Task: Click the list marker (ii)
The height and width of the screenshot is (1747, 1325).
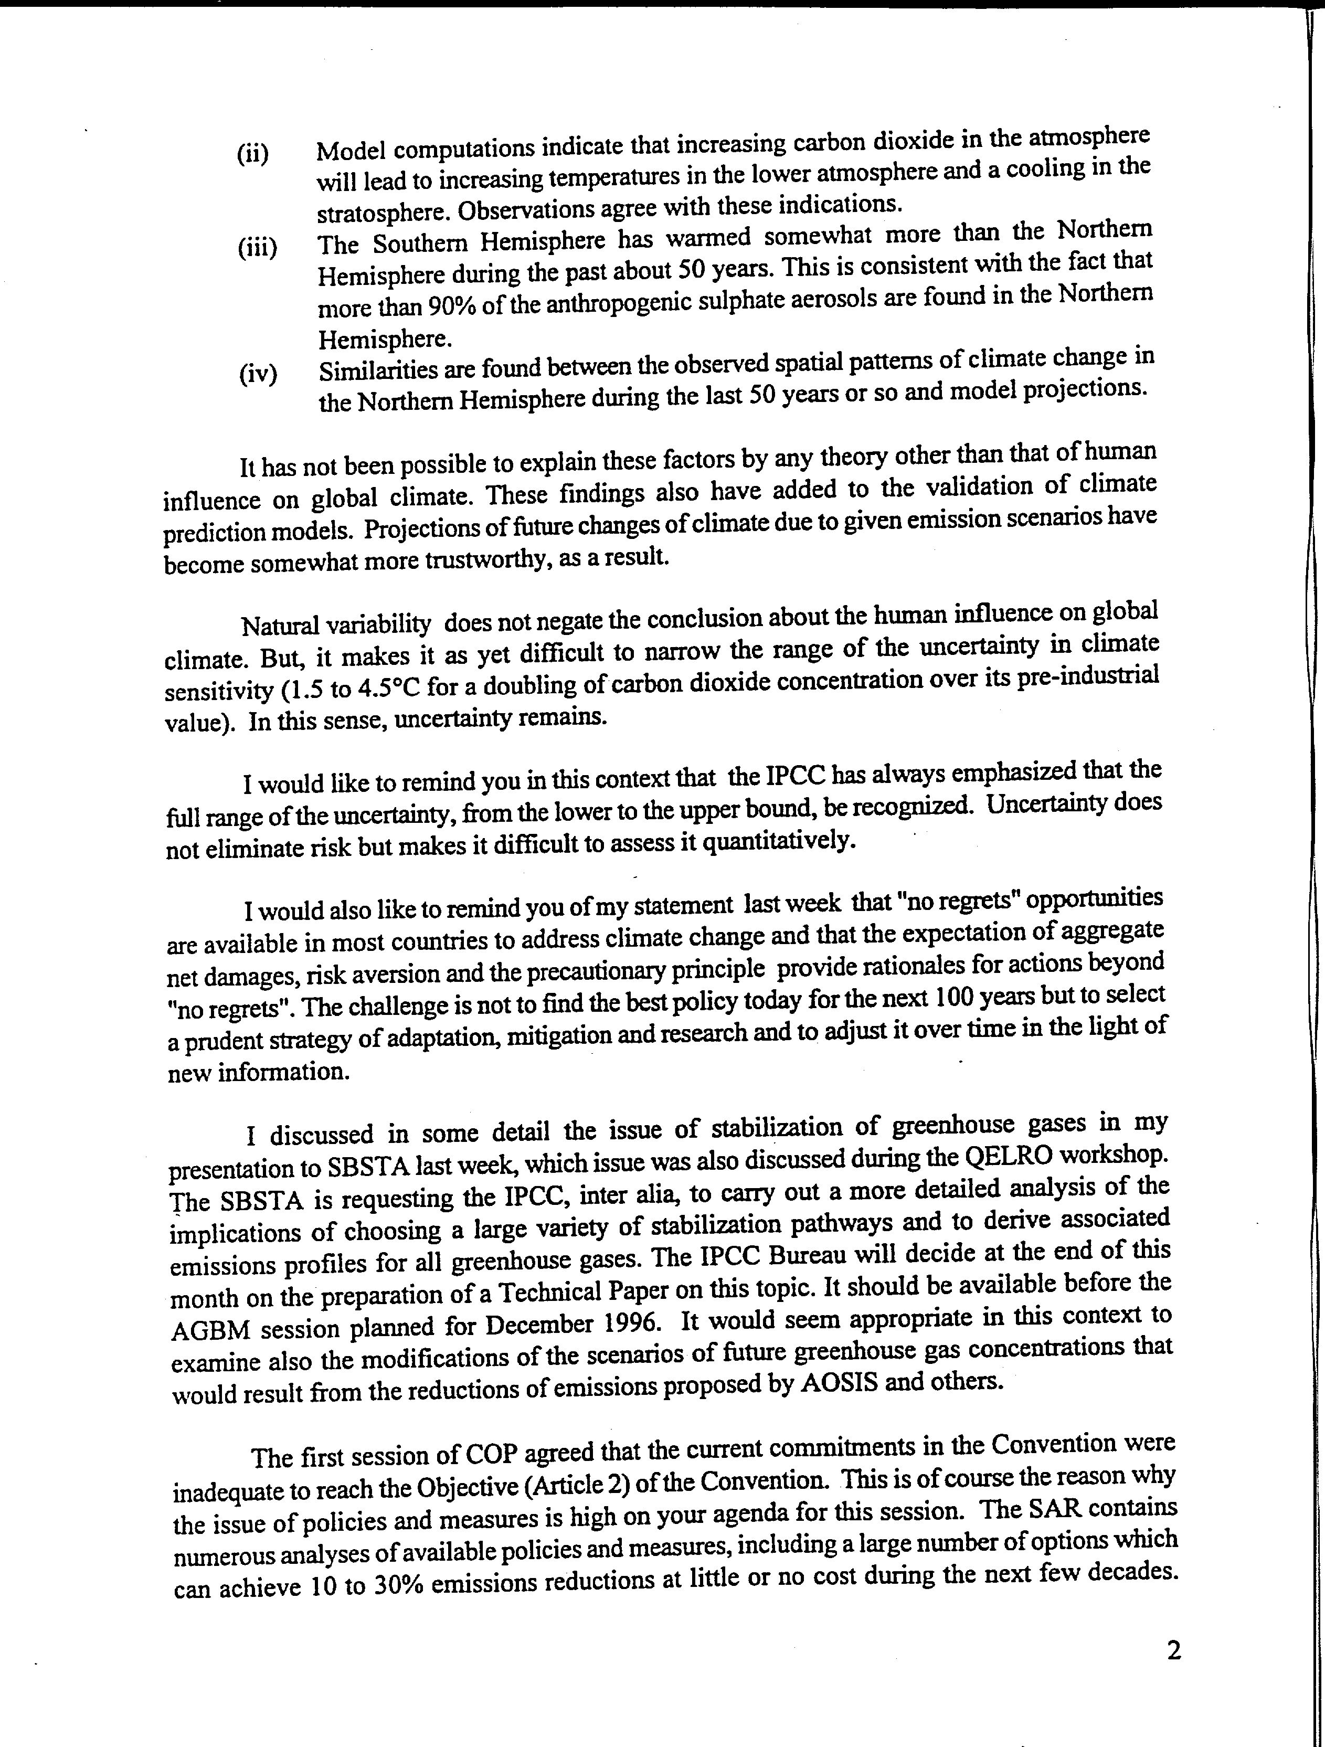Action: [253, 154]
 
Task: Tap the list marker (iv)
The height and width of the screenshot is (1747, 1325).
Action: [258, 374]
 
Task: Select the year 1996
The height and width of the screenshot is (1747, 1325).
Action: [632, 1323]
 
